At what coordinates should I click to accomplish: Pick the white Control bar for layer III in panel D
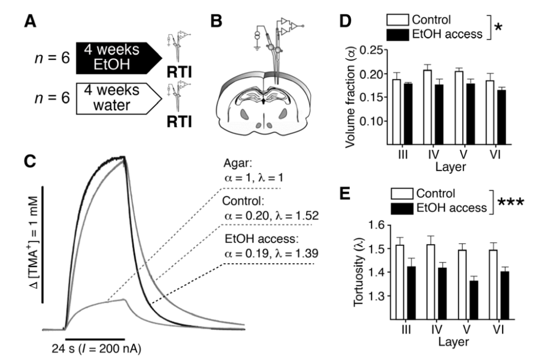(x=396, y=111)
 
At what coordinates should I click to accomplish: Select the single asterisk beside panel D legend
(x=497, y=28)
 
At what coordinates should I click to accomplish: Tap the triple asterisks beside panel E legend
(x=510, y=202)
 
